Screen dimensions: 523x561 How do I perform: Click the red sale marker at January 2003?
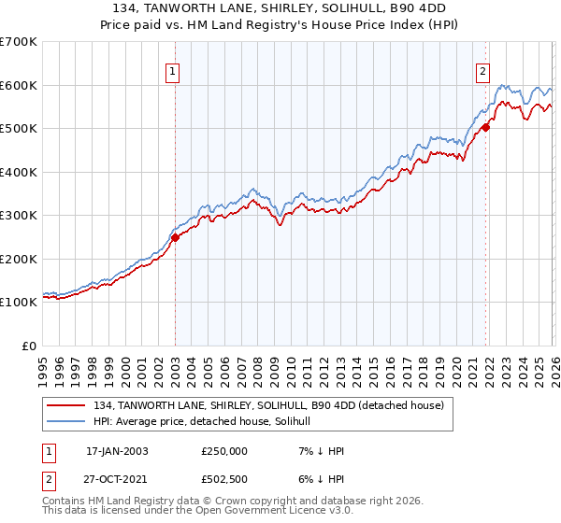point(175,237)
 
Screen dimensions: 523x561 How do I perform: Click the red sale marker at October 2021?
point(486,129)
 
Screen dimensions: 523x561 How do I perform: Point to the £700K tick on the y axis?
point(18,42)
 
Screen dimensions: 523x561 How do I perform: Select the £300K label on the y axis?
point(18,216)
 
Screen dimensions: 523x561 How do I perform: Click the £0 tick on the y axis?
point(28,346)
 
